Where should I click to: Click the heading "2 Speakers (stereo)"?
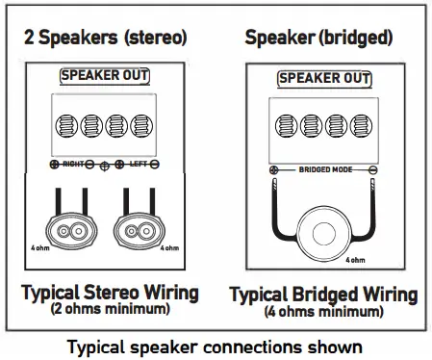tap(105, 39)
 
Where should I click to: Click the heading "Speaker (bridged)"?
tap(321, 39)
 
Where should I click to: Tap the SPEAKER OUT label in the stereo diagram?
tap(105, 75)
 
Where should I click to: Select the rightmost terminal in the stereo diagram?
tap(141, 127)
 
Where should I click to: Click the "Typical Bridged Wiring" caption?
tap(324, 294)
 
